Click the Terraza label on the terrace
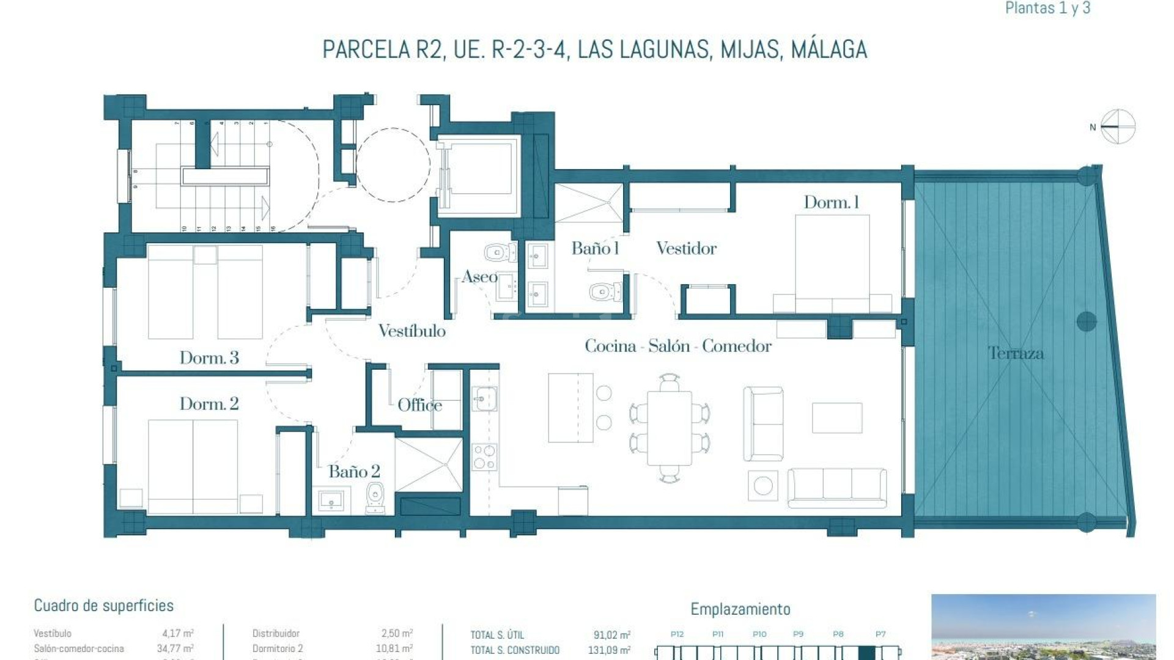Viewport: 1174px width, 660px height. coord(1016,353)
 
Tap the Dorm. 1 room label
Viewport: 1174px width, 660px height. coord(831,202)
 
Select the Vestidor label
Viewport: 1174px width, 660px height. coord(686,248)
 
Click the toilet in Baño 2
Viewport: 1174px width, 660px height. coord(375,496)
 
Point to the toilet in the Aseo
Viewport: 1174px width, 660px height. coord(499,252)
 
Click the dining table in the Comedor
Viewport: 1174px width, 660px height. coord(670,428)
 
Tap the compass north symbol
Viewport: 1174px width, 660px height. coord(1117,127)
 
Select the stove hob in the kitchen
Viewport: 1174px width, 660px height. coord(484,457)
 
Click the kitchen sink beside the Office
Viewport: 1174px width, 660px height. coord(484,400)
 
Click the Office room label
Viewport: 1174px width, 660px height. coord(419,405)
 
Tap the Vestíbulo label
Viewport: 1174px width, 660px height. coord(412,331)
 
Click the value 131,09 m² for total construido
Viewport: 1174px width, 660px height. coord(609,650)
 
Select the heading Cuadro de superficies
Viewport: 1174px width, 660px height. coord(103,606)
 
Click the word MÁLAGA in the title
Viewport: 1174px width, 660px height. coord(829,50)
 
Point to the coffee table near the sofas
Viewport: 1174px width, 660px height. coord(836,418)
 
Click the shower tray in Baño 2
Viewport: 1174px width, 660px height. coord(429,464)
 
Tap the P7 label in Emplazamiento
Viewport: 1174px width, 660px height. coord(880,634)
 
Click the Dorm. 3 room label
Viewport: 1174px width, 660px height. coord(209,358)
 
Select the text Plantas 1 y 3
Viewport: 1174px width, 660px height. coord(1047,8)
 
